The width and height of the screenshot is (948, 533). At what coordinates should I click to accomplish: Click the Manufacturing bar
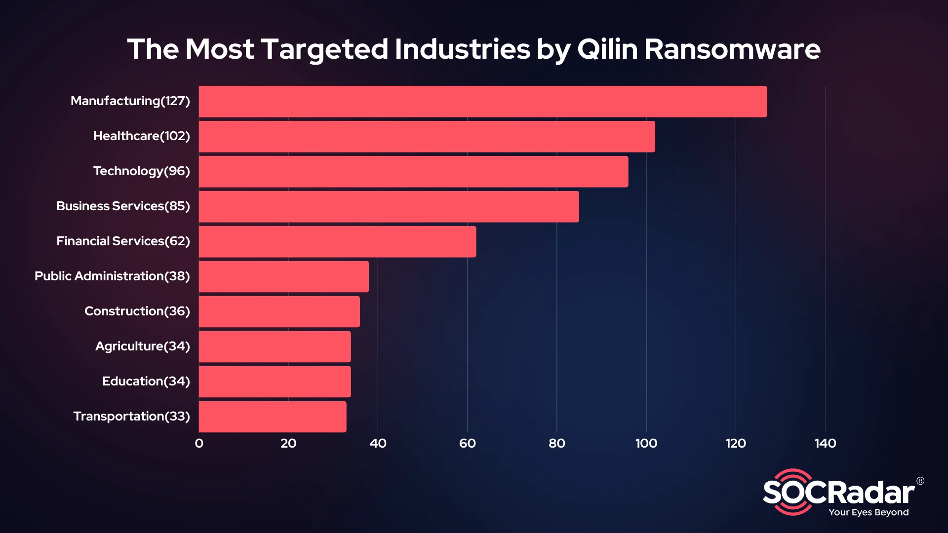click(483, 102)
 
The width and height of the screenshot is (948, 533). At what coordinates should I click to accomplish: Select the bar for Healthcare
click(427, 137)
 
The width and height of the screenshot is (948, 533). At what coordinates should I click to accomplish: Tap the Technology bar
click(414, 172)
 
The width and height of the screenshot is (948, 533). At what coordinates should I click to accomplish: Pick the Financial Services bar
click(338, 242)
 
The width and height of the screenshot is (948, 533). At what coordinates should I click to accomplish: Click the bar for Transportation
click(273, 417)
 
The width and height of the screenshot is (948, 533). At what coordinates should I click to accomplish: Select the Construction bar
click(279, 312)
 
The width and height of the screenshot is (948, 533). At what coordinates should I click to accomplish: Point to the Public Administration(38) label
click(112, 276)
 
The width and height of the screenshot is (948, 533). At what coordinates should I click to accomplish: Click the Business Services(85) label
click(123, 206)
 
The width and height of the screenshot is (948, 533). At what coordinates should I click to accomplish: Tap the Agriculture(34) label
click(142, 346)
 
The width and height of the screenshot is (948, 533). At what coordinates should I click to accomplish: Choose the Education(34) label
click(146, 381)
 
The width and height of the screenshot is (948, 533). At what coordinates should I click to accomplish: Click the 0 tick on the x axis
click(199, 443)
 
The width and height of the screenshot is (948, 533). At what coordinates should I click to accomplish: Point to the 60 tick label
click(467, 443)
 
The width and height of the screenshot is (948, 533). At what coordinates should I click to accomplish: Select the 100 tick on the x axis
click(646, 443)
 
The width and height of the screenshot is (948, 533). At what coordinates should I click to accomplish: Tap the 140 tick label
click(825, 443)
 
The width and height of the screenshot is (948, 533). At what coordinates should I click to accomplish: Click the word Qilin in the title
click(607, 49)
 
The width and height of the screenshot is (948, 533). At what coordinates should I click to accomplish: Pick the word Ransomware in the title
click(732, 49)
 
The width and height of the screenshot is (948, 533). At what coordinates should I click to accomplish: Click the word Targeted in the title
click(324, 49)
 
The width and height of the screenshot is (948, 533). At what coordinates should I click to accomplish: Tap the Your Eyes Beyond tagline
click(869, 512)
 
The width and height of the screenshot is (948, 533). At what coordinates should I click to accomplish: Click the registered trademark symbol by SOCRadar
click(920, 481)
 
